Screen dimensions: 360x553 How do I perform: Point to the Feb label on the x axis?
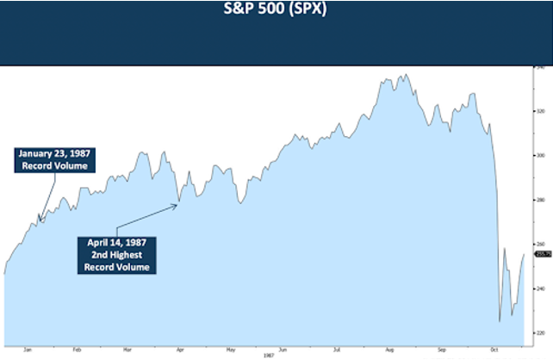coord(77,350)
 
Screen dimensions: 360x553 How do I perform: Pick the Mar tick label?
coord(127,350)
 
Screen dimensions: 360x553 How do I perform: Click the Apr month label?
coord(179,350)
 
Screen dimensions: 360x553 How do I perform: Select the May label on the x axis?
coord(231,350)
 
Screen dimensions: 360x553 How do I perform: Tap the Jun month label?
coord(282,350)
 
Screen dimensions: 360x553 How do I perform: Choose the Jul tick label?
coord(333,350)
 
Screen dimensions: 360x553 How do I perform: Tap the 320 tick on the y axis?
coord(540,111)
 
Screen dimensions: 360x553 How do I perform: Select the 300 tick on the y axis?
coord(540,156)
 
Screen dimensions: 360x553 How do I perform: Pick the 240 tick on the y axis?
coord(540,289)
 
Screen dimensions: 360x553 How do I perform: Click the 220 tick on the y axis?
coord(540,332)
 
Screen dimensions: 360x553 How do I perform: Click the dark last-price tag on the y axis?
coord(543,255)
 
